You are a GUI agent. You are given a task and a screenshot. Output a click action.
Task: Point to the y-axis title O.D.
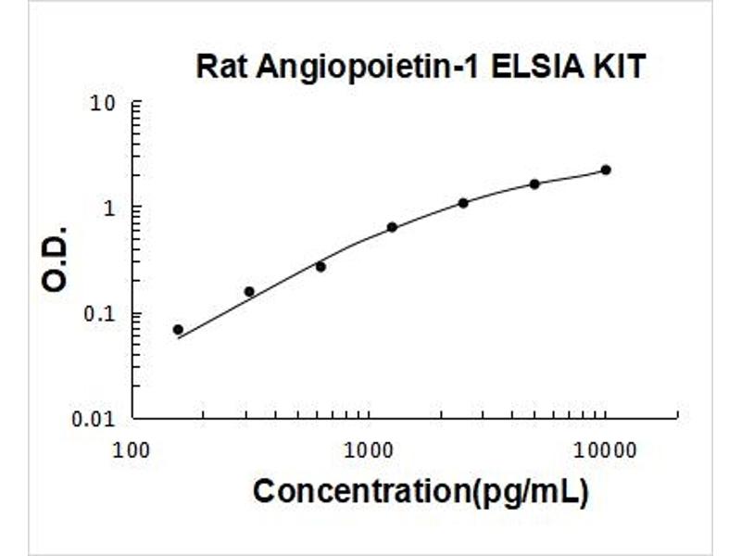(x=57, y=258)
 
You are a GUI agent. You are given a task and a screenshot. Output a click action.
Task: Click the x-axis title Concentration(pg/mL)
(x=421, y=491)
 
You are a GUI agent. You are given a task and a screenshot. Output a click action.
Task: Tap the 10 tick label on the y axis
(x=108, y=102)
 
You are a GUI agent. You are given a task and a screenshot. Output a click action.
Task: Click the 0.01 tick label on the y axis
(x=98, y=419)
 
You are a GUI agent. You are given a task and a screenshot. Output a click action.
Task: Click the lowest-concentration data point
(x=178, y=330)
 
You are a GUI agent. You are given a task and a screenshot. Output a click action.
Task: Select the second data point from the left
(x=249, y=292)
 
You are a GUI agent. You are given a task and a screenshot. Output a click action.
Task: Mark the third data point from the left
(x=320, y=267)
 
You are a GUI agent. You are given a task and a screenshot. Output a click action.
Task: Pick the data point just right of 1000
(x=392, y=227)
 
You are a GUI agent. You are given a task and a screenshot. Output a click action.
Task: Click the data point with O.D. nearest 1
(x=463, y=203)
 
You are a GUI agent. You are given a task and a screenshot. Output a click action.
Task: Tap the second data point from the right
(x=534, y=184)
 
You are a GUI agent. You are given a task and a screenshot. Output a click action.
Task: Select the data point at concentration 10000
(x=606, y=170)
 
